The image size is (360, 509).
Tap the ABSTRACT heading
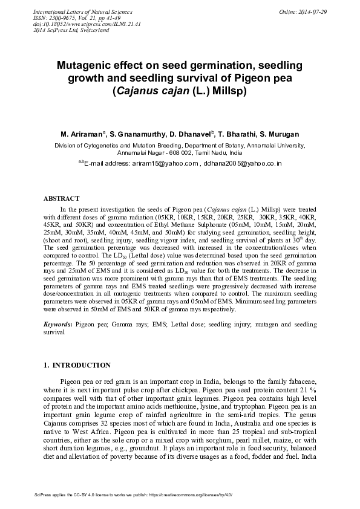(x=62, y=198)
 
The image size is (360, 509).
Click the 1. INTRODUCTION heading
(x=78, y=365)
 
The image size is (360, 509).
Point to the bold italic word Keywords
(x=57, y=325)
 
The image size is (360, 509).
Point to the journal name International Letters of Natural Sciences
(x=82, y=12)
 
